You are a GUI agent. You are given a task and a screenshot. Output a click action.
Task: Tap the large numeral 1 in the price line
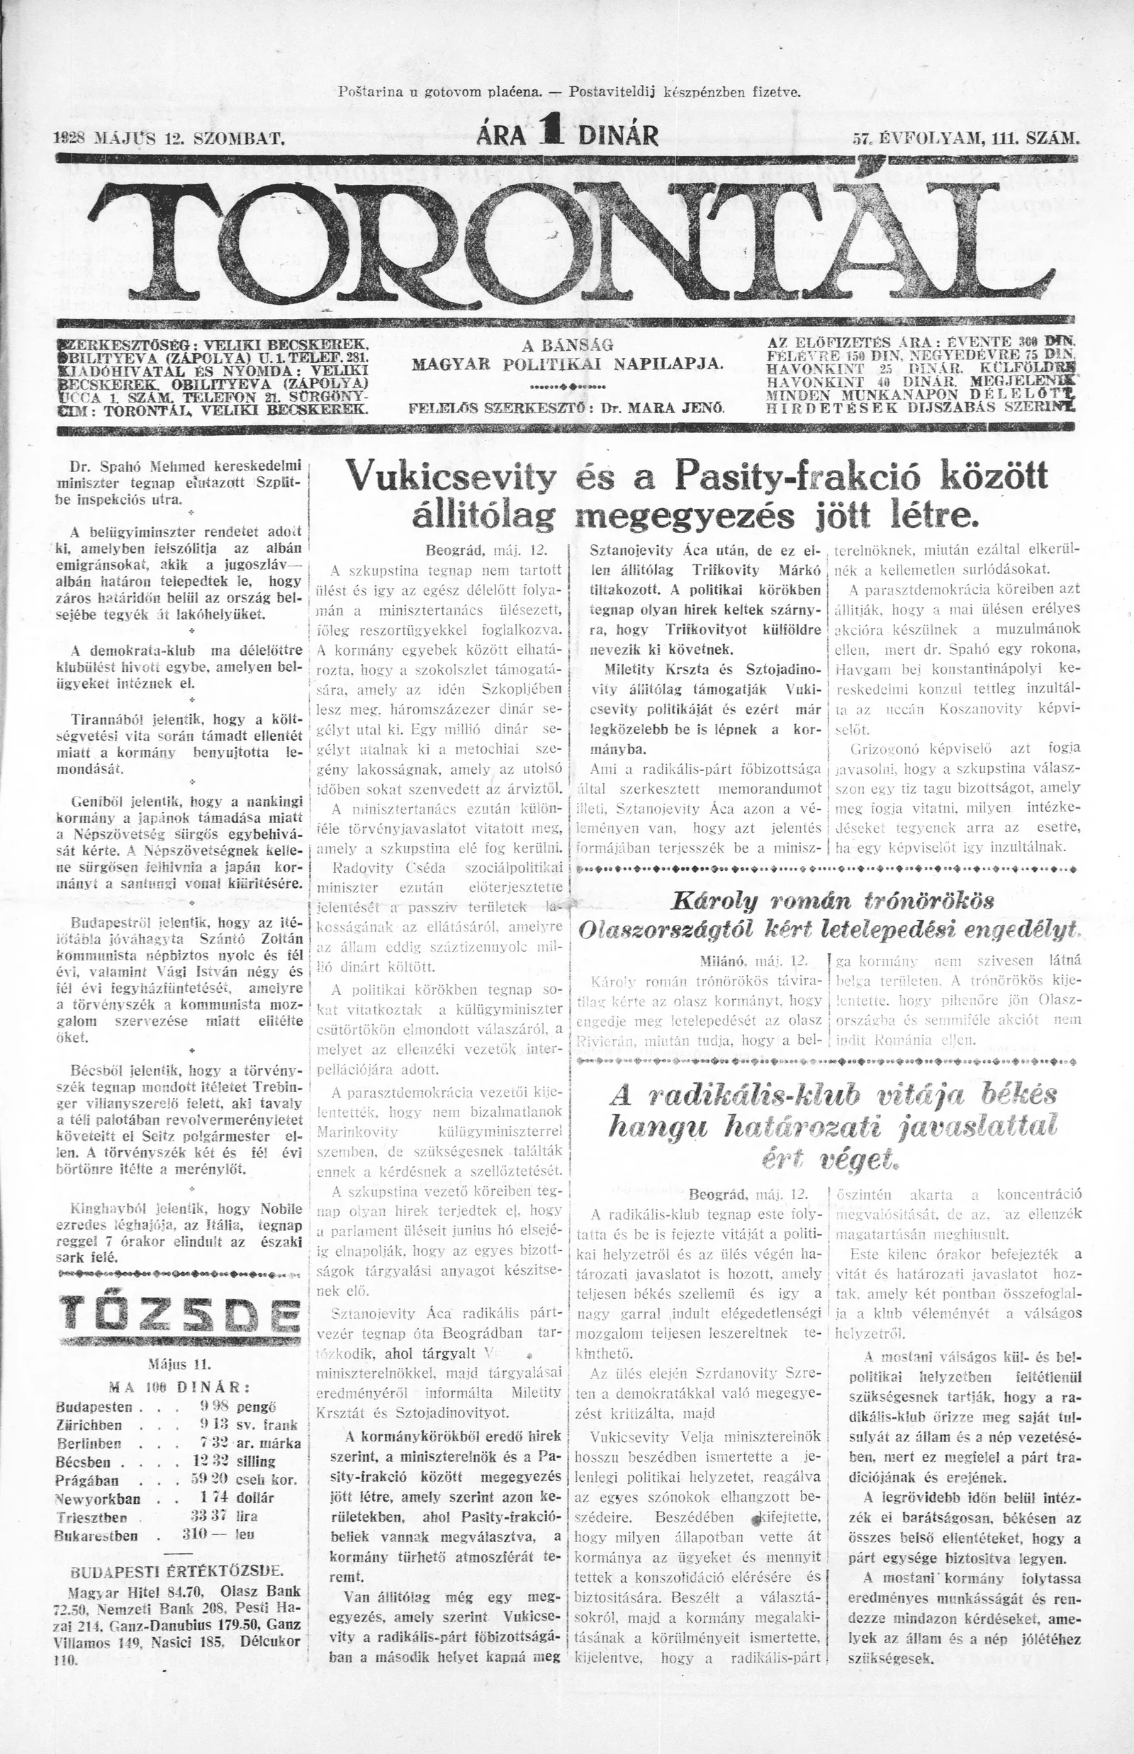pyautogui.click(x=548, y=133)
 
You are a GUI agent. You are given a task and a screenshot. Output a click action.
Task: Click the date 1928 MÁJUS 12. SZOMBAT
pyautogui.click(x=169, y=137)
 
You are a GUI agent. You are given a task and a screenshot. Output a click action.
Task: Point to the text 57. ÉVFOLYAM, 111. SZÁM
pyautogui.click(x=965, y=137)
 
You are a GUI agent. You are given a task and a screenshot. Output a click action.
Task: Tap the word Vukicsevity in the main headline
pyautogui.click(x=452, y=478)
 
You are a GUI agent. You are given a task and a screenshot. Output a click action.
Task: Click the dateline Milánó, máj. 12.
pyautogui.click(x=756, y=962)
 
